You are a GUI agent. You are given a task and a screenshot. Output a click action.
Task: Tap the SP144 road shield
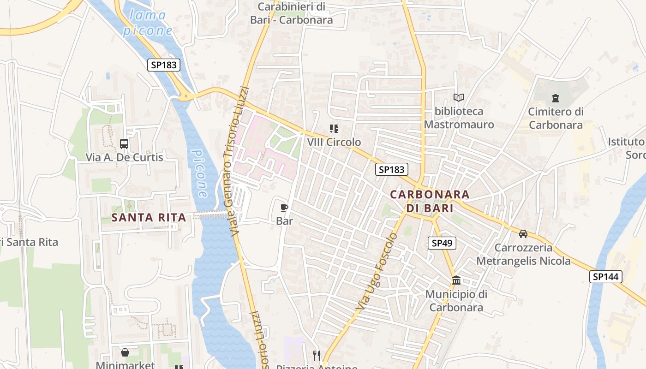point(606,277)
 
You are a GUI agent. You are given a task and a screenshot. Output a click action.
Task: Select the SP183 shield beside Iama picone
point(164,65)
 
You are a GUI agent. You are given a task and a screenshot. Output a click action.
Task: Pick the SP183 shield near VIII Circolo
point(391,170)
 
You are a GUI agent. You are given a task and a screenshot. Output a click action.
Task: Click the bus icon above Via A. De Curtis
point(124,144)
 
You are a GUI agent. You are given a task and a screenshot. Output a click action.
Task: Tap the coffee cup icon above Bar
point(284,208)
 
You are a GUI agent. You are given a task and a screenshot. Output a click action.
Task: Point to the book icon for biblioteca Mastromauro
point(458,97)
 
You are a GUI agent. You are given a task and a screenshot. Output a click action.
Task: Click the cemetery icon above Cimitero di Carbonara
point(555,98)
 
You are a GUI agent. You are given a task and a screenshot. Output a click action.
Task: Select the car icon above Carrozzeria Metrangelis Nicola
point(523,234)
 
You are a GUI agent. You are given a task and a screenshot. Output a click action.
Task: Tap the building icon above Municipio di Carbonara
point(456,280)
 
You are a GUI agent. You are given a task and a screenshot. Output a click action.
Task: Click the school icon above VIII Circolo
point(334,129)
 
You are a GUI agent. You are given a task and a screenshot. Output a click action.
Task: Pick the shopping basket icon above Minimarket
point(125,353)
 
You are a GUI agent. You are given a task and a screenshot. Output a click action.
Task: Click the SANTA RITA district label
point(149,218)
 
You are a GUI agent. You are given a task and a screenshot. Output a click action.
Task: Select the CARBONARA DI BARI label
point(430,201)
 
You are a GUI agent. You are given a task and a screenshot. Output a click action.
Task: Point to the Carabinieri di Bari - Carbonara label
point(292,13)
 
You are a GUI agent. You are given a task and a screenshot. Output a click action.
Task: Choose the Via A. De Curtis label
point(125,157)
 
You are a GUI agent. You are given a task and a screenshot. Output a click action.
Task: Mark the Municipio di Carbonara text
point(456,301)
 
